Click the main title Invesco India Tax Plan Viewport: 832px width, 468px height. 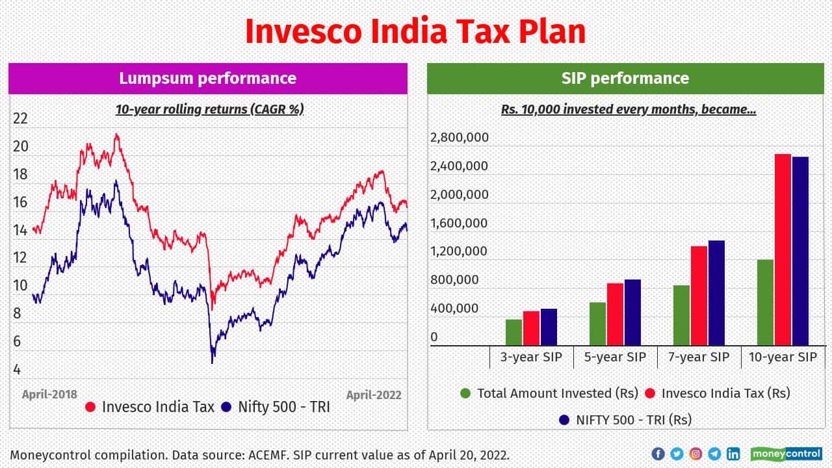pyautogui.click(x=415, y=32)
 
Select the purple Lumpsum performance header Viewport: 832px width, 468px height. pyautogui.click(x=208, y=79)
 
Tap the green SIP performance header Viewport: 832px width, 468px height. pyautogui.click(x=625, y=79)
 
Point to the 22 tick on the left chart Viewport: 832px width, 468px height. pyautogui.click(x=20, y=118)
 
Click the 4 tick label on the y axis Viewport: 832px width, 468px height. pyautogui.click(x=17, y=370)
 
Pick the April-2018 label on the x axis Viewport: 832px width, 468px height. pyautogui.click(x=49, y=395)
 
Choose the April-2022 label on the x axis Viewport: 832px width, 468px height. pyautogui.click(x=373, y=395)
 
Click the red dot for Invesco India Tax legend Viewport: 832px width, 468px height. pyautogui.click(x=90, y=408)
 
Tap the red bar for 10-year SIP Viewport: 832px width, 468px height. pyautogui.click(x=782, y=250)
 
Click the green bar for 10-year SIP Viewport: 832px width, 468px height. pyautogui.click(x=765, y=302)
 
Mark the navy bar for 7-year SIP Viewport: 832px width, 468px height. pyautogui.click(x=716, y=292)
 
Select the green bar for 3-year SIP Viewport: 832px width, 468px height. pyautogui.click(x=513, y=332)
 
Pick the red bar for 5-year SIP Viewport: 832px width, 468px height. pyautogui.click(x=615, y=314)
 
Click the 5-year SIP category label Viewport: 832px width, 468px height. pyautogui.click(x=615, y=357)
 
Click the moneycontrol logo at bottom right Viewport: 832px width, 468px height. pyautogui.click(x=786, y=454)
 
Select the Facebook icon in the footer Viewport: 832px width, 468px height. pyautogui.click(x=658, y=454)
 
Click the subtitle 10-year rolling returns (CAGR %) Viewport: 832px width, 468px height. pyautogui.click(x=209, y=109)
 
